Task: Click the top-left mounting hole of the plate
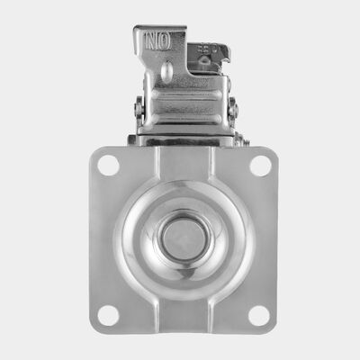[107, 166]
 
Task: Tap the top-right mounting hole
[260, 166]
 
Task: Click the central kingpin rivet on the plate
[184, 239]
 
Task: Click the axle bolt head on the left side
[138, 109]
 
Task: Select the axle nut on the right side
[232, 109]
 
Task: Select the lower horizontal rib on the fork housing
[184, 121]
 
